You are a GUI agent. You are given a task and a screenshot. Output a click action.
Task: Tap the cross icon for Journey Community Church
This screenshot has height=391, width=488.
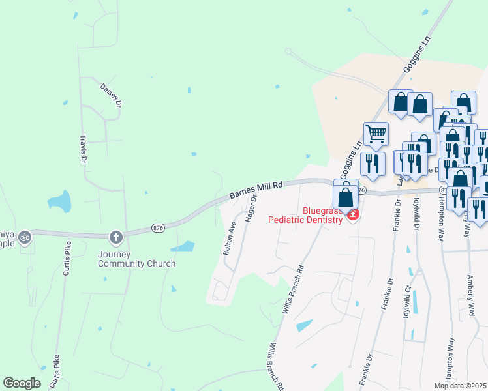tap(116, 237)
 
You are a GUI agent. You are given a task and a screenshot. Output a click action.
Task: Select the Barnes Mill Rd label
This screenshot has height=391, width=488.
tap(256, 190)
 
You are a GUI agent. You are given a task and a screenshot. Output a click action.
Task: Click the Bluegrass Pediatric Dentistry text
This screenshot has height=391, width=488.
tap(305, 215)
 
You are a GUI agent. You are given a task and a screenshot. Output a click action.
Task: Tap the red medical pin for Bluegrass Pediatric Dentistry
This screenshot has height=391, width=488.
tap(353, 214)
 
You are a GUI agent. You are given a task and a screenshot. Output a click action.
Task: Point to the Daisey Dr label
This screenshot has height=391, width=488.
tap(111, 94)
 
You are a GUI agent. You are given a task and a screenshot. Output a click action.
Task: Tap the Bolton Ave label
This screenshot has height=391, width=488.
tap(229, 238)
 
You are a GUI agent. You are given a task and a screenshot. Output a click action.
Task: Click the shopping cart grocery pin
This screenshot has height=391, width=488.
tap(376, 134)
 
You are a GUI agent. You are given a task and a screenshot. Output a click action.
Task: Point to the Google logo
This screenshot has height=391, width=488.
tap(22, 383)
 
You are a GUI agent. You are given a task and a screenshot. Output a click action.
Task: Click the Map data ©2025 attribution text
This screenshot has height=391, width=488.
tap(460, 386)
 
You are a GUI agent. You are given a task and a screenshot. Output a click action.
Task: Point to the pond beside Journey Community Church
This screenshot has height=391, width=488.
tap(183, 246)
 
